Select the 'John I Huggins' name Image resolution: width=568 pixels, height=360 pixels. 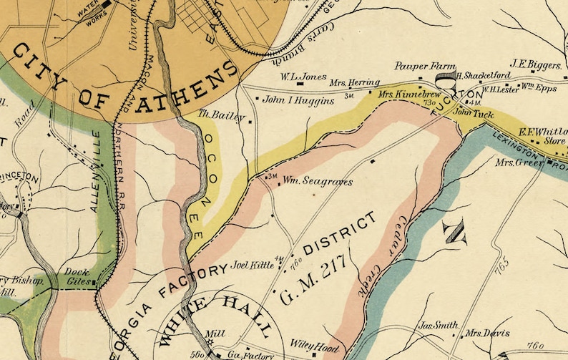299,101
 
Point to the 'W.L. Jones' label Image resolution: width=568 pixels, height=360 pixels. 303,77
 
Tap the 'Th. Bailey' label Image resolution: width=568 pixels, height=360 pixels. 221,115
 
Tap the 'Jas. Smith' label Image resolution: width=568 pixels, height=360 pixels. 436,325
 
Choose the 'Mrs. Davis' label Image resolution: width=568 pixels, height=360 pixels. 487,334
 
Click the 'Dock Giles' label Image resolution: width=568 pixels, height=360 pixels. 77,277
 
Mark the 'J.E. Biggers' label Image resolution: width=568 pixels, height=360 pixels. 535,65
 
